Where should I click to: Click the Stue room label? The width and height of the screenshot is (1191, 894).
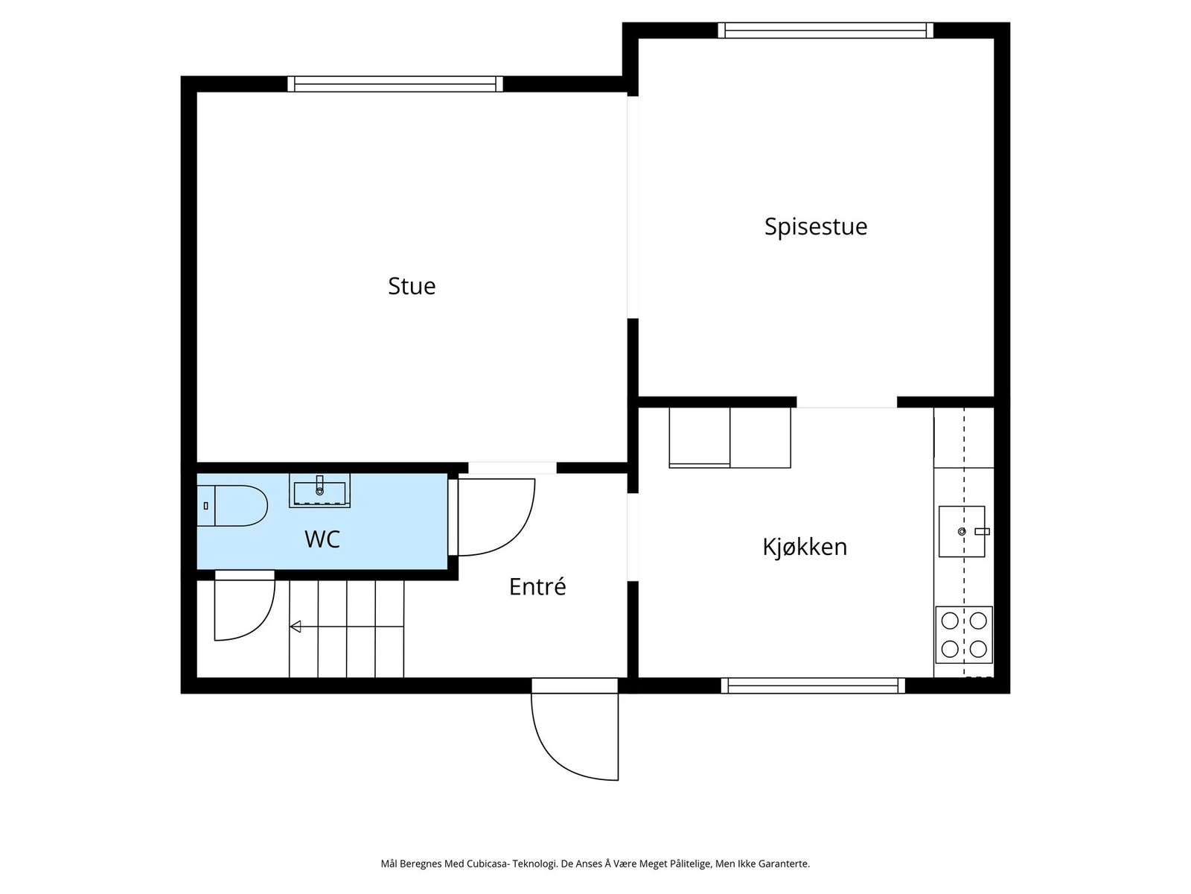412,286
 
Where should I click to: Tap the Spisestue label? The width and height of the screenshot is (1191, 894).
816,226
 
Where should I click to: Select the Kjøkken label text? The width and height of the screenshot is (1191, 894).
805,547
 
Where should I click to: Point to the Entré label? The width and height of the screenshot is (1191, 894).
537,587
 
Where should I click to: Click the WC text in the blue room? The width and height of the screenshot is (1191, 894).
322,539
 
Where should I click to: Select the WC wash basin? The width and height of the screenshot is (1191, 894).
319,492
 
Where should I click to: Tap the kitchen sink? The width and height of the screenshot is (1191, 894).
962,532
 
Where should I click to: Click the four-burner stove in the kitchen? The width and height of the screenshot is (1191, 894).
964,635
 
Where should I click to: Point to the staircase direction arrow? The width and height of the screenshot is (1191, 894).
296,627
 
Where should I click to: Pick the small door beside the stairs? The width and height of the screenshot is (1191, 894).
243,607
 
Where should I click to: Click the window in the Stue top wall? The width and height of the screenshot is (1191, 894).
395,83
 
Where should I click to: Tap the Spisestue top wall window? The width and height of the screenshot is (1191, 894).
826,31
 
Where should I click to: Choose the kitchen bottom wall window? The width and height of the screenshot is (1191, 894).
813,685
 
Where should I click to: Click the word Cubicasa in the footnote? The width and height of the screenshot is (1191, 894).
487,864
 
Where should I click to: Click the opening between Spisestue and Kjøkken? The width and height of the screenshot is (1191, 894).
846,402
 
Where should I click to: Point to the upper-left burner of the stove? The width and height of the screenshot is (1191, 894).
950,621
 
